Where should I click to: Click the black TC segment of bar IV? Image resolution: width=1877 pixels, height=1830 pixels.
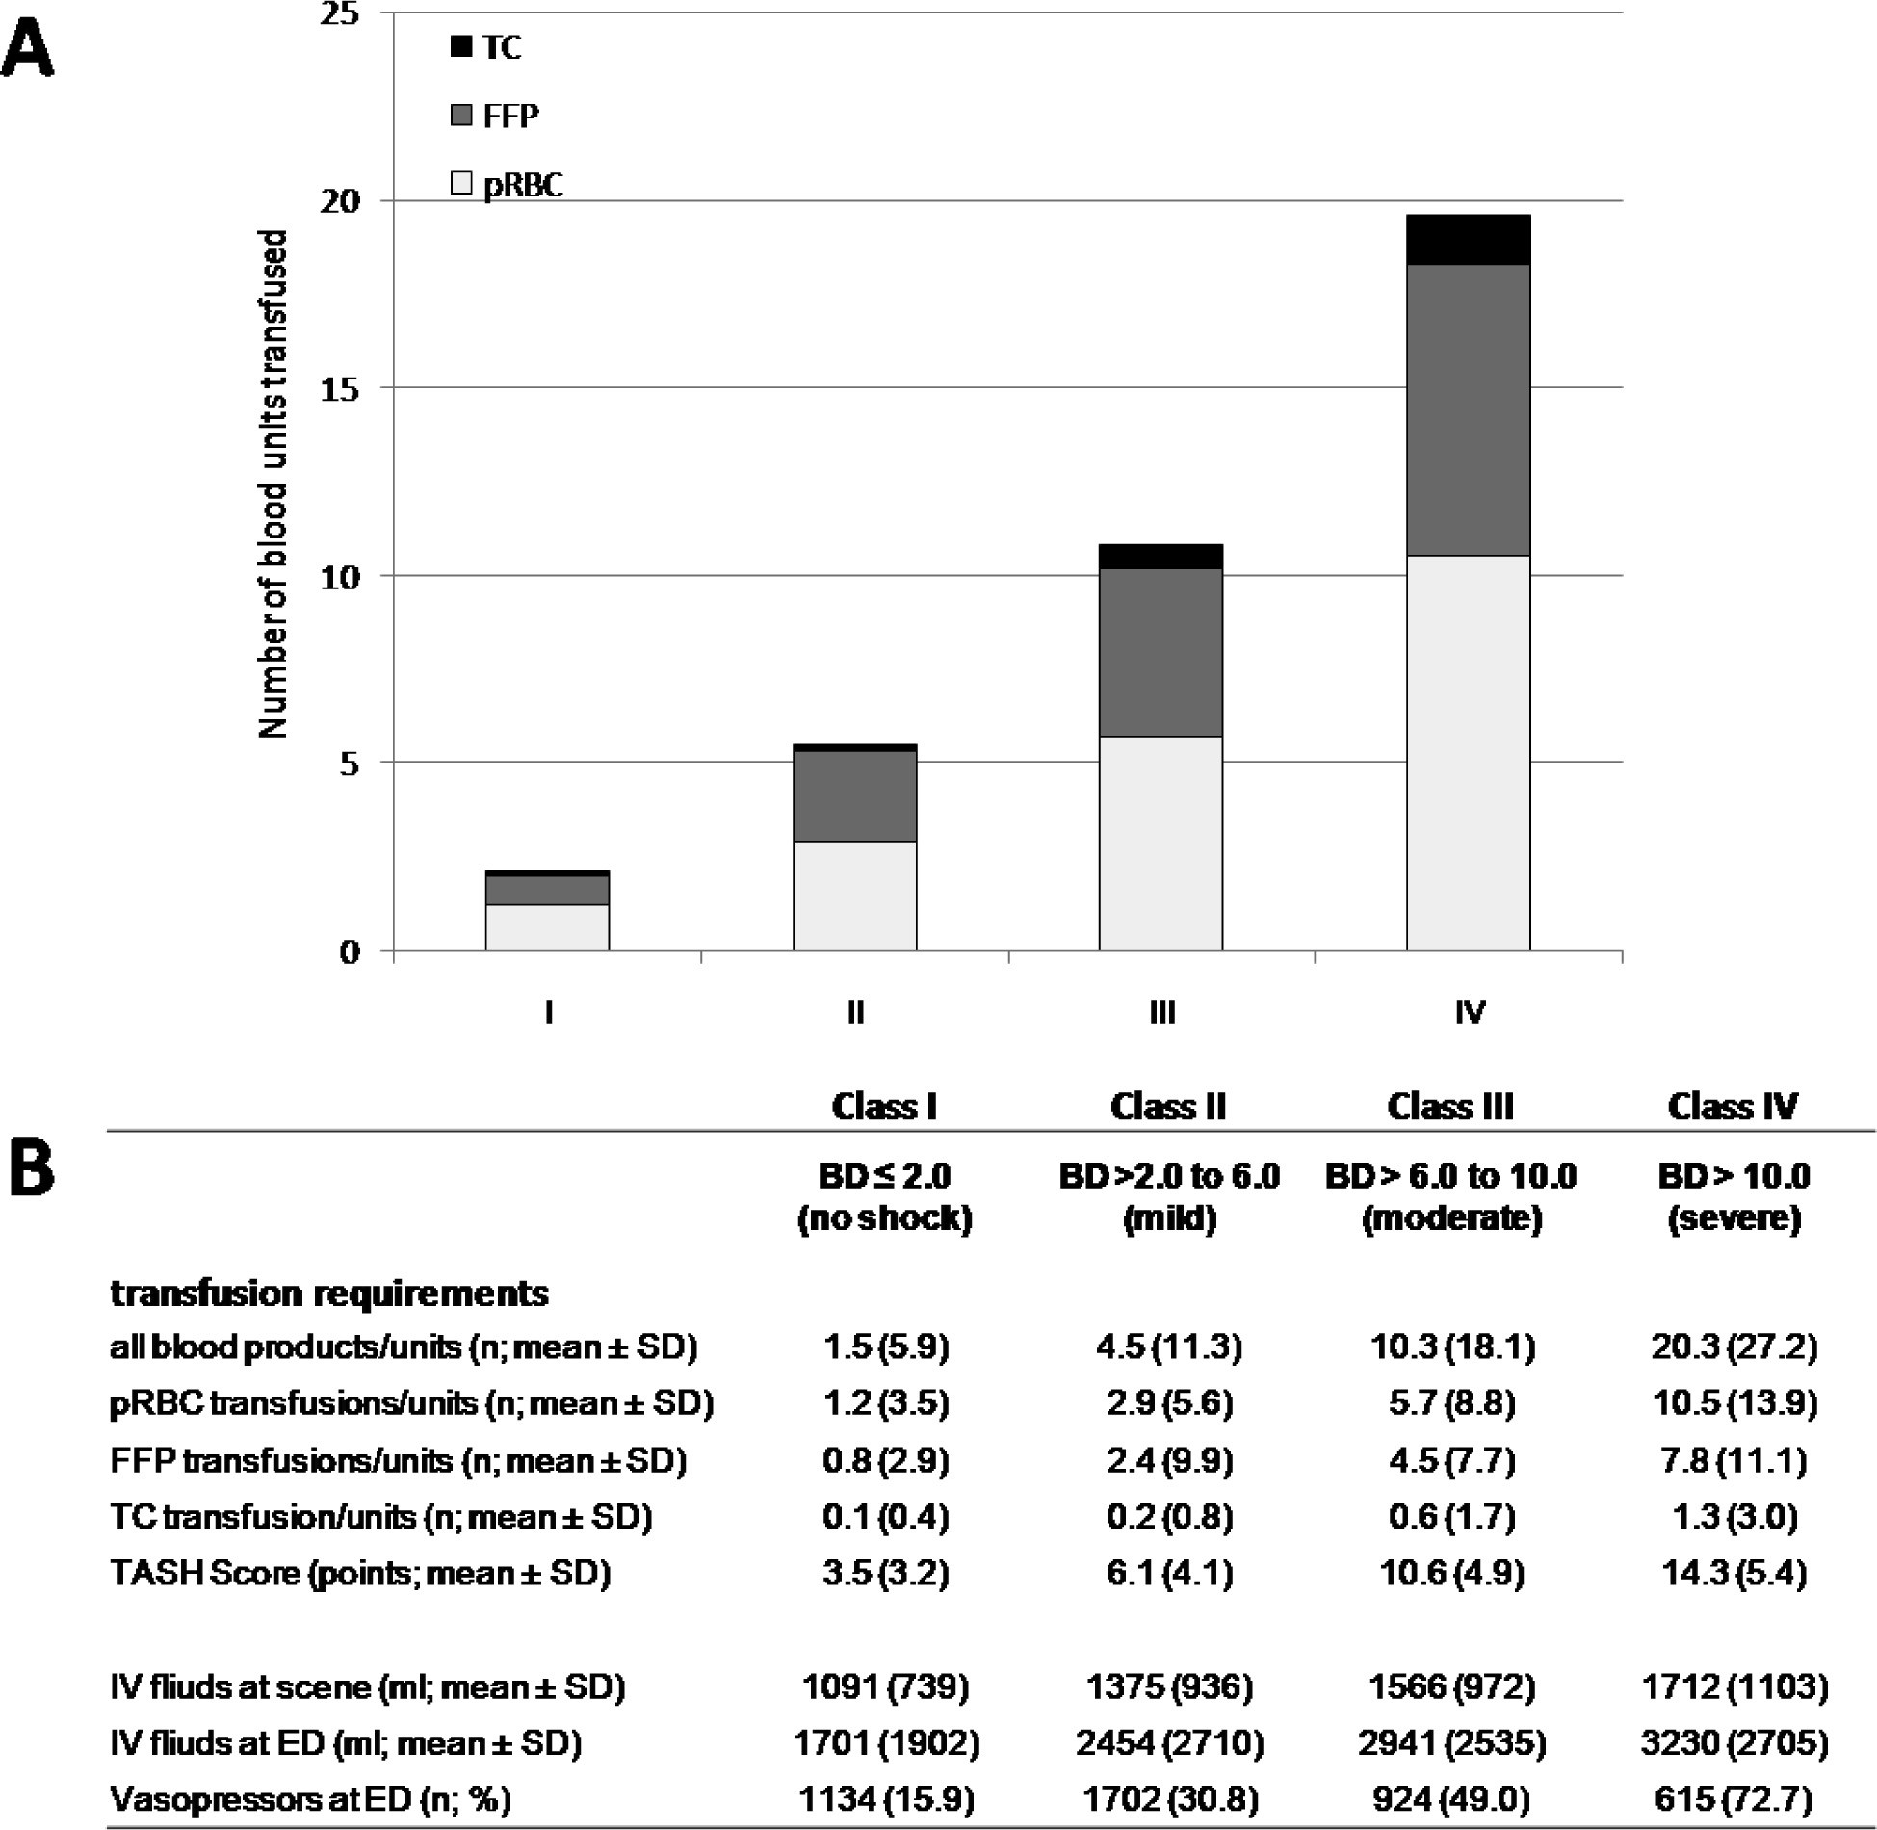pyautogui.click(x=1468, y=240)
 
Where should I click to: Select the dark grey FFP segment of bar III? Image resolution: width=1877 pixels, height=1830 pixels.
pyautogui.click(x=1160, y=652)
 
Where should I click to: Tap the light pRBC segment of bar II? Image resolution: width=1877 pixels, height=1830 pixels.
pyautogui.click(x=854, y=896)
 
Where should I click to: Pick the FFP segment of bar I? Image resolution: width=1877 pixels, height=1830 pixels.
pyautogui.click(x=547, y=890)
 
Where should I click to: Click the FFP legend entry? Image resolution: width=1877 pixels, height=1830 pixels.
pyautogui.click(x=494, y=116)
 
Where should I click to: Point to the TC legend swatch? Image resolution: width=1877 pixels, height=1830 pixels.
pyautogui.click(x=461, y=46)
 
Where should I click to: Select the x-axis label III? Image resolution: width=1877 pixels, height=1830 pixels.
pyautogui.click(x=1161, y=1012)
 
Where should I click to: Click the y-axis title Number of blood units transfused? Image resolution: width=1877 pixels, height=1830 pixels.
pyautogui.click(x=274, y=484)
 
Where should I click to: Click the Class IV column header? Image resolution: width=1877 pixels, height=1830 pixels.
pyautogui.click(x=1732, y=1106)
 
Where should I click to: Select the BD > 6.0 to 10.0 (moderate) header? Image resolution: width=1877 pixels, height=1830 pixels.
pyautogui.click(x=1450, y=1196)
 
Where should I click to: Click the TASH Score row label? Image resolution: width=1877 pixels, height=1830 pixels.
pyautogui.click(x=360, y=1573)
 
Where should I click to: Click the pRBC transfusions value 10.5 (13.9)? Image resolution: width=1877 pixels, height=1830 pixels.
pyautogui.click(x=1734, y=1403)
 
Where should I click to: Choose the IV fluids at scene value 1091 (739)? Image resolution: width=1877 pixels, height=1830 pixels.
pyautogui.click(x=885, y=1686)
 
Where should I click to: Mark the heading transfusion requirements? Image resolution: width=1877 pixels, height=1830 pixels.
pyautogui.click(x=329, y=1293)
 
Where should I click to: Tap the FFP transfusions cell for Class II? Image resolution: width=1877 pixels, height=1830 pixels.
pyautogui.click(x=1168, y=1460)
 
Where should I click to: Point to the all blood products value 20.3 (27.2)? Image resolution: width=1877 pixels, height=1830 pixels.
pyautogui.click(x=1734, y=1346)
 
